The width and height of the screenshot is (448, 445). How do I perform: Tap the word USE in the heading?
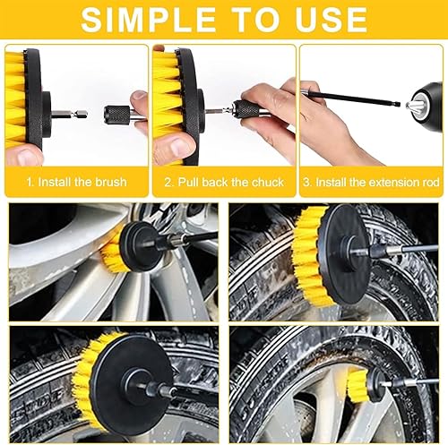[330, 20]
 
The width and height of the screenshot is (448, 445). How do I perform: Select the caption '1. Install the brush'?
[77, 182]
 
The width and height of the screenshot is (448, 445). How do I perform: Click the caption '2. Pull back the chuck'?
[224, 182]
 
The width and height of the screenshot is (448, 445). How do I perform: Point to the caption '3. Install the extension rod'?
[371, 182]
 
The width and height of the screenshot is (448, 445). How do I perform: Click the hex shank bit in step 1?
[70, 114]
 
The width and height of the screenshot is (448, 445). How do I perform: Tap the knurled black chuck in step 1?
[116, 114]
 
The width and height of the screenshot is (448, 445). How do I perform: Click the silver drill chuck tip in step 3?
[413, 106]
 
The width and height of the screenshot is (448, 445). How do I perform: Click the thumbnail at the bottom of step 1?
[27, 157]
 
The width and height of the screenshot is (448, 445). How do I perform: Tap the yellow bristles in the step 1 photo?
[15, 98]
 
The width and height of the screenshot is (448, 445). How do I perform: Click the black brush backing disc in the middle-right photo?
[347, 253]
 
